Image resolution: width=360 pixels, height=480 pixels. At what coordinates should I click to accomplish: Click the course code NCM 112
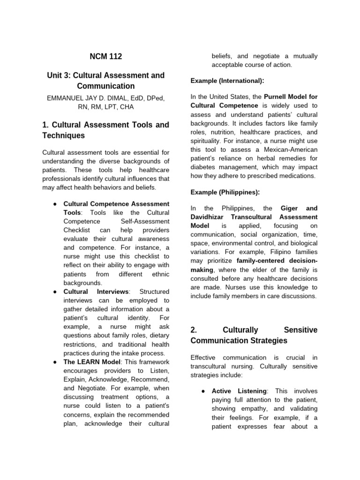(105, 57)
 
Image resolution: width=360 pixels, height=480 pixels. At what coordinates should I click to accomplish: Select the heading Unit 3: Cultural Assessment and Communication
(105, 81)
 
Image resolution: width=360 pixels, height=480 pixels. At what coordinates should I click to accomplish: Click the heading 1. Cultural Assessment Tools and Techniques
(105, 130)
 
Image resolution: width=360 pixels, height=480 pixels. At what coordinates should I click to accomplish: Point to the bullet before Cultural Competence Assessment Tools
(55, 204)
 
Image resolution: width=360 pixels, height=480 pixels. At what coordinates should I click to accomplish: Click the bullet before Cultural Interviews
(55, 292)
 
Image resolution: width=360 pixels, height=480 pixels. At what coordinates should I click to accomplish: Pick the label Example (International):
(227, 81)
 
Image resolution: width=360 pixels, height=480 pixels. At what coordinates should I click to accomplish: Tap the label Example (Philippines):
(225, 192)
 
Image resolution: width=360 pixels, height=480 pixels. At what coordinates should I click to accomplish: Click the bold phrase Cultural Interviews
(91, 292)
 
